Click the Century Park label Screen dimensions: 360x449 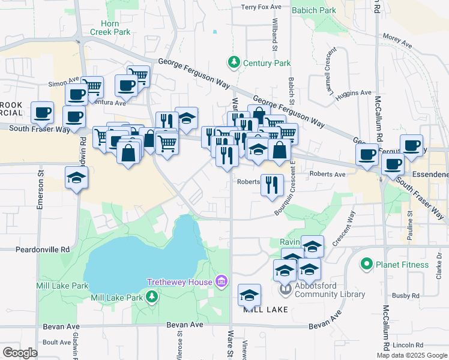(266, 63)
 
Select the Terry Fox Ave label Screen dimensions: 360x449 (261, 7)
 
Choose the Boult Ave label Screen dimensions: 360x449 (57, 343)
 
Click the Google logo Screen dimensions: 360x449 (19, 353)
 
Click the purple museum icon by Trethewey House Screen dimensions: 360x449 (221, 281)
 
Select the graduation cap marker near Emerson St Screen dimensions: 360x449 (77, 178)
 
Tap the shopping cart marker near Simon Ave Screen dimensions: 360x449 (92, 86)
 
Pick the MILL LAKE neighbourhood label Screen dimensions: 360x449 (265, 309)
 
